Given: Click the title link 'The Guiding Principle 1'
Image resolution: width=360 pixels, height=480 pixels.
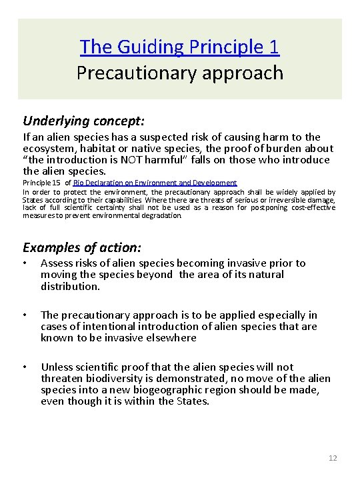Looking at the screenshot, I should pos(179,47).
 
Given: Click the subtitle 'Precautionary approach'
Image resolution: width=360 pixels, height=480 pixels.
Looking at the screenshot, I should pos(179,71).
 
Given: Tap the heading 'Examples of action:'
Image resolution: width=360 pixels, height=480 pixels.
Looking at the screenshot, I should pos(82,247).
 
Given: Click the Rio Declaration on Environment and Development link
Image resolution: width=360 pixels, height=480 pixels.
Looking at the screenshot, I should pos(155,183).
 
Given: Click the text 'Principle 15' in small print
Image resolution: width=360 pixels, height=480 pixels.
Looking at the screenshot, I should pos(41,183).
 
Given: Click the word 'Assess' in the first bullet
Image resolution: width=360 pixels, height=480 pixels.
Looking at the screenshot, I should pos(59,263).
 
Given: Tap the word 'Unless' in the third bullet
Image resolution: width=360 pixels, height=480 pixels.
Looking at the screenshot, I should pos(58,367).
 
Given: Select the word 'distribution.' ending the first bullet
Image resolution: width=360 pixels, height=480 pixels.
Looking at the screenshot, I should pos(70,286).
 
